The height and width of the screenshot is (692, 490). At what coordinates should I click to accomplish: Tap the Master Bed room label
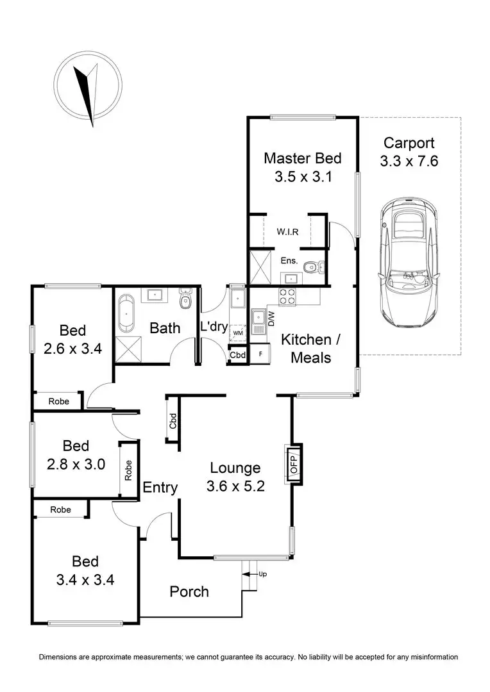(x=303, y=167)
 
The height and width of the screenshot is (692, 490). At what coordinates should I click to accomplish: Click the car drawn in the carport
(x=410, y=259)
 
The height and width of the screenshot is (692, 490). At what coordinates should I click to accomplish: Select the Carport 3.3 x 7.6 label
(x=409, y=152)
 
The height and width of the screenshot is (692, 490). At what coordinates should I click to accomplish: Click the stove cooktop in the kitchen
(x=285, y=296)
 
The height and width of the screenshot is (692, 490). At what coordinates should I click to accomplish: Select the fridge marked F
(x=260, y=354)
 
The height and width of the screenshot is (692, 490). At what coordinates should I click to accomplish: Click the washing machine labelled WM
(x=238, y=333)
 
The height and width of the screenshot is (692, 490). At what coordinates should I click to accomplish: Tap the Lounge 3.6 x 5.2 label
(x=233, y=477)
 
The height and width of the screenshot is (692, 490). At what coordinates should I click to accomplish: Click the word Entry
(x=160, y=488)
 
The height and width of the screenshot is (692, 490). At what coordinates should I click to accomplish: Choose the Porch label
(x=189, y=591)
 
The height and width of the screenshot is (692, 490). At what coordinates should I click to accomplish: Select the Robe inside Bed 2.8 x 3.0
(x=128, y=470)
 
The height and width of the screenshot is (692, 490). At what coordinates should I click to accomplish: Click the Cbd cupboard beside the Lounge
(x=173, y=420)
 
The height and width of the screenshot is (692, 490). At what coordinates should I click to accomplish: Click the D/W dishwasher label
(x=272, y=317)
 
